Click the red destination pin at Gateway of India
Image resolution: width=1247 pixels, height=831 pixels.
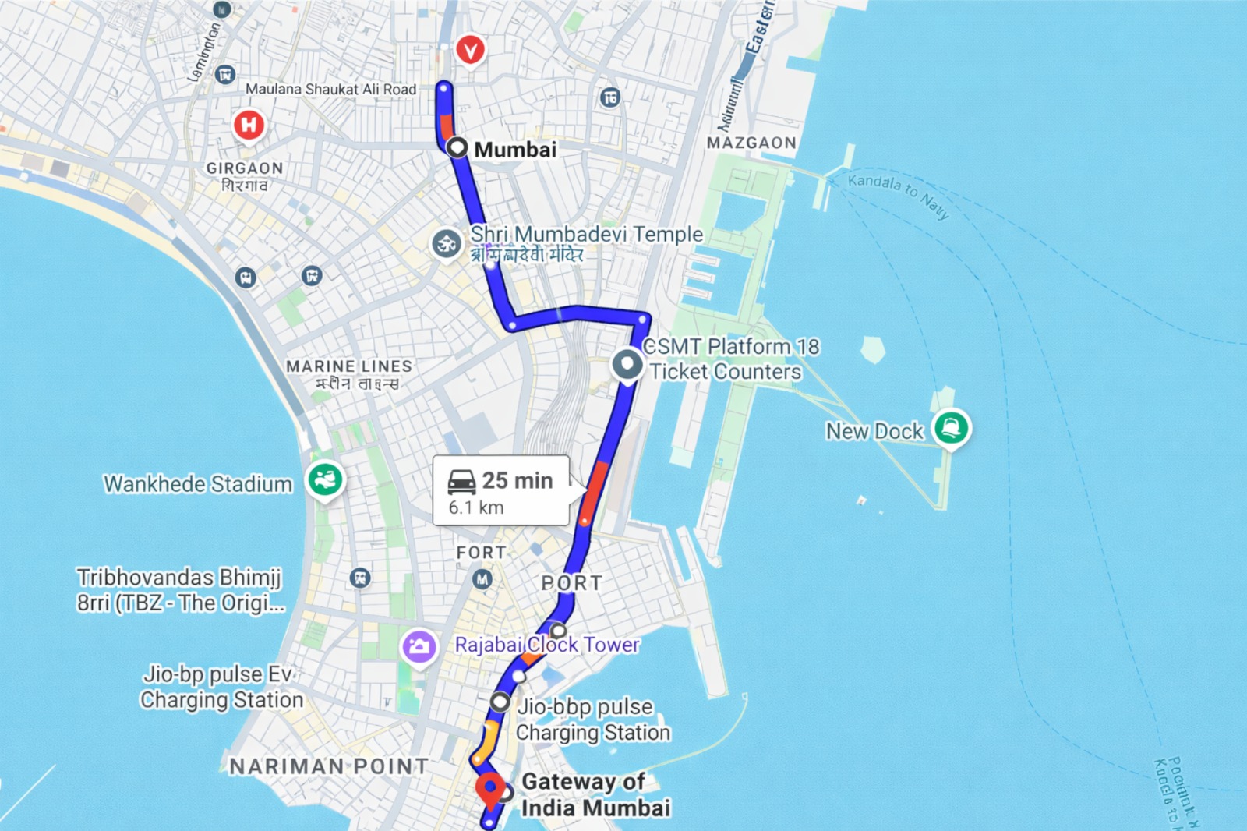(x=489, y=789)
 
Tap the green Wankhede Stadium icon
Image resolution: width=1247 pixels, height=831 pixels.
(x=325, y=479)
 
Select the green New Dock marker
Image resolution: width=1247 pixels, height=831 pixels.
(x=951, y=426)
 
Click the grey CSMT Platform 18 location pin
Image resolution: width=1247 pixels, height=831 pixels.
(x=627, y=364)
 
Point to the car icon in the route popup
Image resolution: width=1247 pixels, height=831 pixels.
(x=461, y=481)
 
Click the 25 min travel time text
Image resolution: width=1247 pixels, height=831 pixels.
(x=518, y=480)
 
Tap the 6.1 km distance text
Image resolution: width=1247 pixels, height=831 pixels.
(x=476, y=507)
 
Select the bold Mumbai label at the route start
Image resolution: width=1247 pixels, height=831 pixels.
(x=515, y=149)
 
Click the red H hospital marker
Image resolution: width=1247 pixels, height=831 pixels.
(x=249, y=124)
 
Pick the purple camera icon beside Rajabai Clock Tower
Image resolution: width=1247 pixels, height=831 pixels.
(x=419, y=646)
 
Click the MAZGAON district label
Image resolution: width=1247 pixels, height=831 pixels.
(x=751, y=143)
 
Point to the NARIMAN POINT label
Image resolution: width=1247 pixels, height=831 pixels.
(x=328, y=766)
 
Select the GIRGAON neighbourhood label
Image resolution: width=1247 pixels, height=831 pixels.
(x=245, y=168)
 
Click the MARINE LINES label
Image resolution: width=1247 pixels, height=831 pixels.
(x=348, y=366)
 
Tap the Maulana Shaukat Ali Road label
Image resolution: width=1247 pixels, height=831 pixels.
(x=330, y=89)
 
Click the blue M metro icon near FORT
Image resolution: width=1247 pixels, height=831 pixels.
(x=482, y=579)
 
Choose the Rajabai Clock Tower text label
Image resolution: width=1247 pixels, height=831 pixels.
(x=547, y=645)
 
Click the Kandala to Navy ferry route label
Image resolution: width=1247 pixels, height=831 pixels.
(x=898, y=194)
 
